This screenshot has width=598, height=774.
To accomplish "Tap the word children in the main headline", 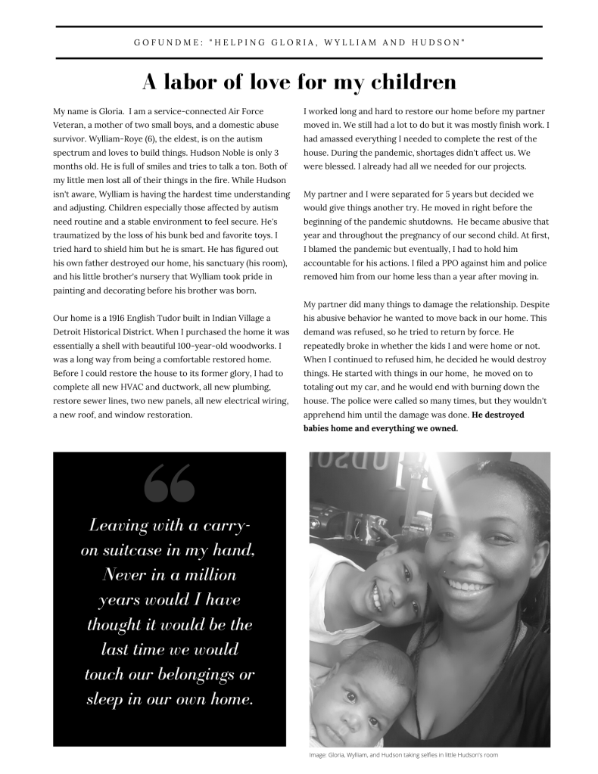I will (409, 82).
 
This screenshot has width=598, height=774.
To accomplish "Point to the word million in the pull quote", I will (206, 575).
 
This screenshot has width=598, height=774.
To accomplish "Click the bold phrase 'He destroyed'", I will (497, 415).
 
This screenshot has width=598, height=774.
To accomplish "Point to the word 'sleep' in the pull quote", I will (110, 700).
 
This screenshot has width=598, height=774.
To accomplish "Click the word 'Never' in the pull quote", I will (126, 575).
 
